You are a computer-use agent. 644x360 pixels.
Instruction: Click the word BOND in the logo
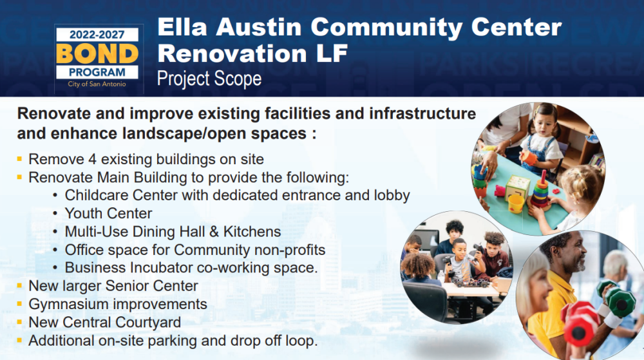pos(97,53)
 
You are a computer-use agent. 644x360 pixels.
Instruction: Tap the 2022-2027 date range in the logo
pos(97,35)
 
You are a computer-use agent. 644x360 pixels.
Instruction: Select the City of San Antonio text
pos(97,84)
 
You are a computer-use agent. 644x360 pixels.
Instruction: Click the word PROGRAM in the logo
pos(97,72)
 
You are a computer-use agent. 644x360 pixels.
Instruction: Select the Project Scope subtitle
pos(209,79)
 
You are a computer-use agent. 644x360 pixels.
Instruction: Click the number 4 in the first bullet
pos(92,159)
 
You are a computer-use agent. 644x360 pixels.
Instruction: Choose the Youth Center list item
pos(108,213)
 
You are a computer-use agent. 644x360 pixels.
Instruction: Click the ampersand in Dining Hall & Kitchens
pos(214,232)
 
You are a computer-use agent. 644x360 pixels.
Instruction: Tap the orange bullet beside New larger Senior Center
pos(19,285)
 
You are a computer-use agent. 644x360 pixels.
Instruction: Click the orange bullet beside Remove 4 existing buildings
pos(19,158)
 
